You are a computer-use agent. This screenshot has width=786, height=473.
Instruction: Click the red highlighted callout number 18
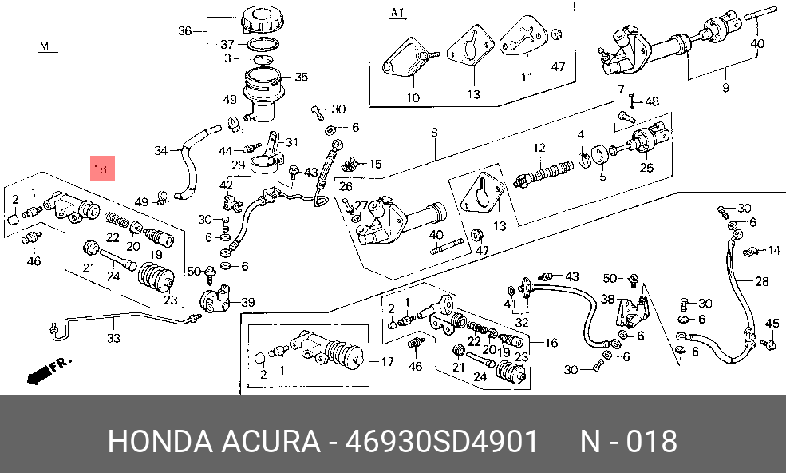click(x=101, y=169)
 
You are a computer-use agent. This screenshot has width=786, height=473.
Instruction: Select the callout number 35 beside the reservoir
click(x=301, y=78)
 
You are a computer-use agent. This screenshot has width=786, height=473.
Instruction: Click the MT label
click(x=48, y=46)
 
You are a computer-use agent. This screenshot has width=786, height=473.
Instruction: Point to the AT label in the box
click(x=397, y=13)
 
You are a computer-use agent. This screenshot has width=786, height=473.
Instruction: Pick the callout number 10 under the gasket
click(x=413, y=98)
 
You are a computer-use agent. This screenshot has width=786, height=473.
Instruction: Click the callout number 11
click(x=526, y=78)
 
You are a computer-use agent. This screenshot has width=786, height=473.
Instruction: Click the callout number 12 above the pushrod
click(x=539, y=147)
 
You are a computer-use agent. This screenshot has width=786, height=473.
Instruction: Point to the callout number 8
click(x=436, y=132)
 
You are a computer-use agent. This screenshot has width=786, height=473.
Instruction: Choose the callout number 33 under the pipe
click(x=113, y=338)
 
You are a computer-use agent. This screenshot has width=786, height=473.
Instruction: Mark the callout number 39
click(x=248, y=302)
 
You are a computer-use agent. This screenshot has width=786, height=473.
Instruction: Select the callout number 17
click(x=387, y=362)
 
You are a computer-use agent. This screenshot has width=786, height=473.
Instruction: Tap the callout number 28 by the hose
click(x=762, y=281)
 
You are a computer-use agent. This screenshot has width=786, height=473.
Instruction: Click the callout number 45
click(x=772, y=323)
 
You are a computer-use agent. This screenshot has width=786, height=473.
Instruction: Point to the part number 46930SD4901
click(x=436, y=440)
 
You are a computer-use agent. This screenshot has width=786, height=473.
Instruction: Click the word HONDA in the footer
click(x=158, y=440)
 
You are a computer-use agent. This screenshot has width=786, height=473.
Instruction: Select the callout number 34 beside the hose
click(x=160, y=150)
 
